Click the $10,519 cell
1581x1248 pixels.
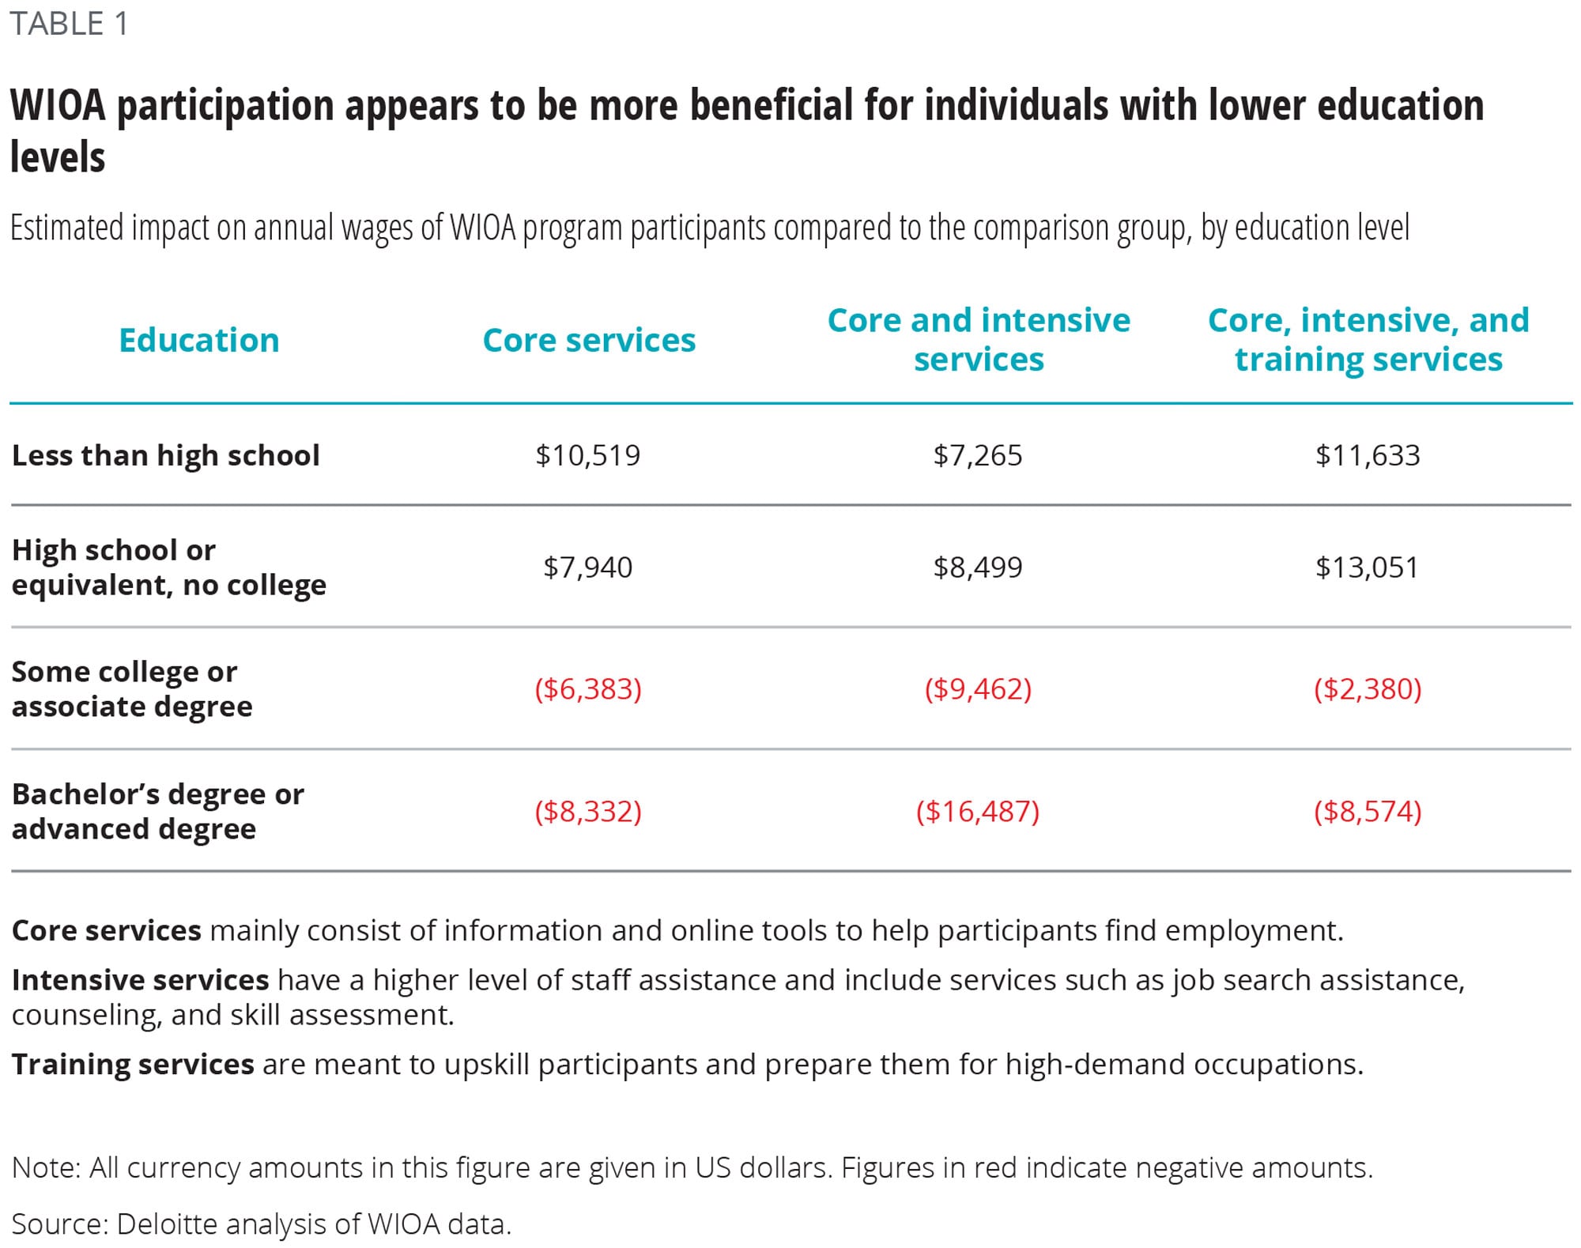(x=587, y=455)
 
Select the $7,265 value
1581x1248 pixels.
(x=978, y=455)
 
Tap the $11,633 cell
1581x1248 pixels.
(x=1368, y=455)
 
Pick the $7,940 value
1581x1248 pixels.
(x=587, y=567)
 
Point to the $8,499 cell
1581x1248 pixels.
(x=978, y=567)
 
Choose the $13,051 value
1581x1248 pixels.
(x=1368, y=567)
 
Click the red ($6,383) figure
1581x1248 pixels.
(x=588, y=689)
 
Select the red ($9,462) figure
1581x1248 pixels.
(x=978, y=689)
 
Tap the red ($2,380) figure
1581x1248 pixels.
(x=1368, y=689)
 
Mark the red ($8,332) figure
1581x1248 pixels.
(x=588, y=812)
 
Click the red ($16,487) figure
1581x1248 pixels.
(x=978, y=812)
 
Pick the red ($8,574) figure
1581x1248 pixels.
(x=1368, y=812)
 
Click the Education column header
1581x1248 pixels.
(x=199, y=341)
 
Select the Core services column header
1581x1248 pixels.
(x=589, y=341)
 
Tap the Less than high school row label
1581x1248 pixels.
(x=166, y=455)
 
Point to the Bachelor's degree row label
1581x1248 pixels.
(x=157, y=811)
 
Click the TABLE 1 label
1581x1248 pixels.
(x=69, y=25)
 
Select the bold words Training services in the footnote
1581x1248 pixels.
(x=133, y=1065)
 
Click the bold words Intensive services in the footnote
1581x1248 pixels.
(x=140, y=980)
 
